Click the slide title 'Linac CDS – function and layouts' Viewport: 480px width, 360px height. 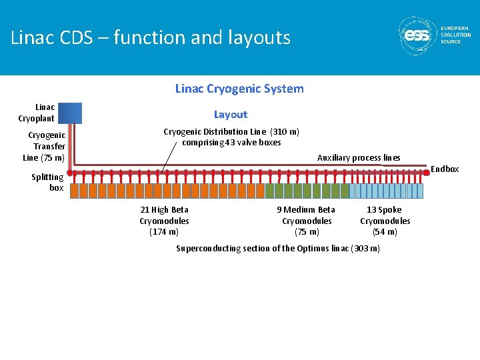click(x=151, y=37)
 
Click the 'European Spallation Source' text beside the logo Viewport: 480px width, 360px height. click(x=455, y=35)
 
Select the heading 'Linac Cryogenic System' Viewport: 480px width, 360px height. click(x=239, y=89)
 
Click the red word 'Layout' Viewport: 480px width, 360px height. click(x=231, y=115)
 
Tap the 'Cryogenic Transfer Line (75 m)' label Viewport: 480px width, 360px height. click(x=45, y=147)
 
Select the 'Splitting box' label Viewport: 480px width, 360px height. click(x=48, y=182)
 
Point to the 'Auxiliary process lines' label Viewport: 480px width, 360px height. click(x=359, y=158)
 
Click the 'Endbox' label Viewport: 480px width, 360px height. click(x=445, y=169)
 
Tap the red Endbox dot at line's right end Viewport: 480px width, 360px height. click(x=427, y=173)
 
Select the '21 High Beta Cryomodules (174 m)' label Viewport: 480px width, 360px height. click(x=164, y=221)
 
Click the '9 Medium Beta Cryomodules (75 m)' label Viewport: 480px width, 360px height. click(x=307, y=221)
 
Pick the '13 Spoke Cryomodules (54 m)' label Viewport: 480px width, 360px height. click(x=385, y=221)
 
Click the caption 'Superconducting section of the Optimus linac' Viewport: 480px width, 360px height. click(x=278, y=249)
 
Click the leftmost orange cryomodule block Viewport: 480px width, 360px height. click(x=75, y=191)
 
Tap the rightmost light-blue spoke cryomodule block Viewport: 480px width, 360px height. click(x=419, y=191)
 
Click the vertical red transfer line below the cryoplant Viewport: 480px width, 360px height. click(x=73, y=143)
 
